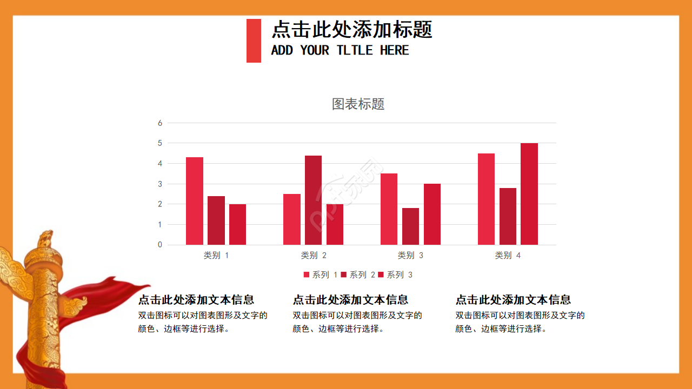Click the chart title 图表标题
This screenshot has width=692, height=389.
click(358, 104)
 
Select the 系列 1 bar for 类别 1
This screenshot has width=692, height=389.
click(195, 201)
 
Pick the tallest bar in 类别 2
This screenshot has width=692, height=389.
click(313, 200)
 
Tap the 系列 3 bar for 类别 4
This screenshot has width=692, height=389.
click(529, 194)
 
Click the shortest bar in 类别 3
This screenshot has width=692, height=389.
click(410, 226)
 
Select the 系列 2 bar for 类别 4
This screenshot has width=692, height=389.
click(508, 216)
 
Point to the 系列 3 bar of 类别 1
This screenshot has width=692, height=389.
click(237, 224)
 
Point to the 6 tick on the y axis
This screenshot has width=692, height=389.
click(160, 123)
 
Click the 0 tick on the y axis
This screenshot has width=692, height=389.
click(160, 245)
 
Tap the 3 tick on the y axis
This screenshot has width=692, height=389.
click(160, 184)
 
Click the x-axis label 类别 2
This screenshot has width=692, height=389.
click(314, 256)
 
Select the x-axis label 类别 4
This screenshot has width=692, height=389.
click(508, 256)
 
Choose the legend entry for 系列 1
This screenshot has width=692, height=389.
click(321, 275)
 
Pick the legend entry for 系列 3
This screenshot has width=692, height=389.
click(395, 275)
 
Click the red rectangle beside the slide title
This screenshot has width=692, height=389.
click(254, 41)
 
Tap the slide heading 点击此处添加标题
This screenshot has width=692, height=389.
click(351, 30)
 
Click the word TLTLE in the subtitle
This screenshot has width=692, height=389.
click(355, 50)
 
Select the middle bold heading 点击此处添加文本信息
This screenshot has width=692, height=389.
click(350, 300)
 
